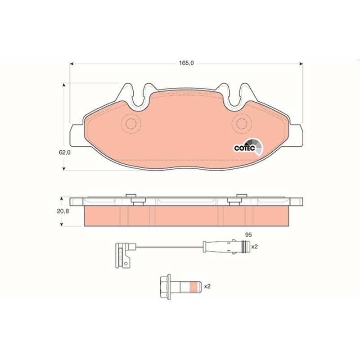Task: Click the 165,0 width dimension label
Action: [186, 63]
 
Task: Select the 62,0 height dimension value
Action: [65, 153]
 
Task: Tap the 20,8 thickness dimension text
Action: [63, 211]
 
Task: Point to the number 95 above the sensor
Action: [248, 235]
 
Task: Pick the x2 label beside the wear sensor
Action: [255, 247]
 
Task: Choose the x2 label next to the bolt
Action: [207, 287]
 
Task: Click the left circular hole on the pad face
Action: [131, 123]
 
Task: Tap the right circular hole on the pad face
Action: [242, 123]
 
